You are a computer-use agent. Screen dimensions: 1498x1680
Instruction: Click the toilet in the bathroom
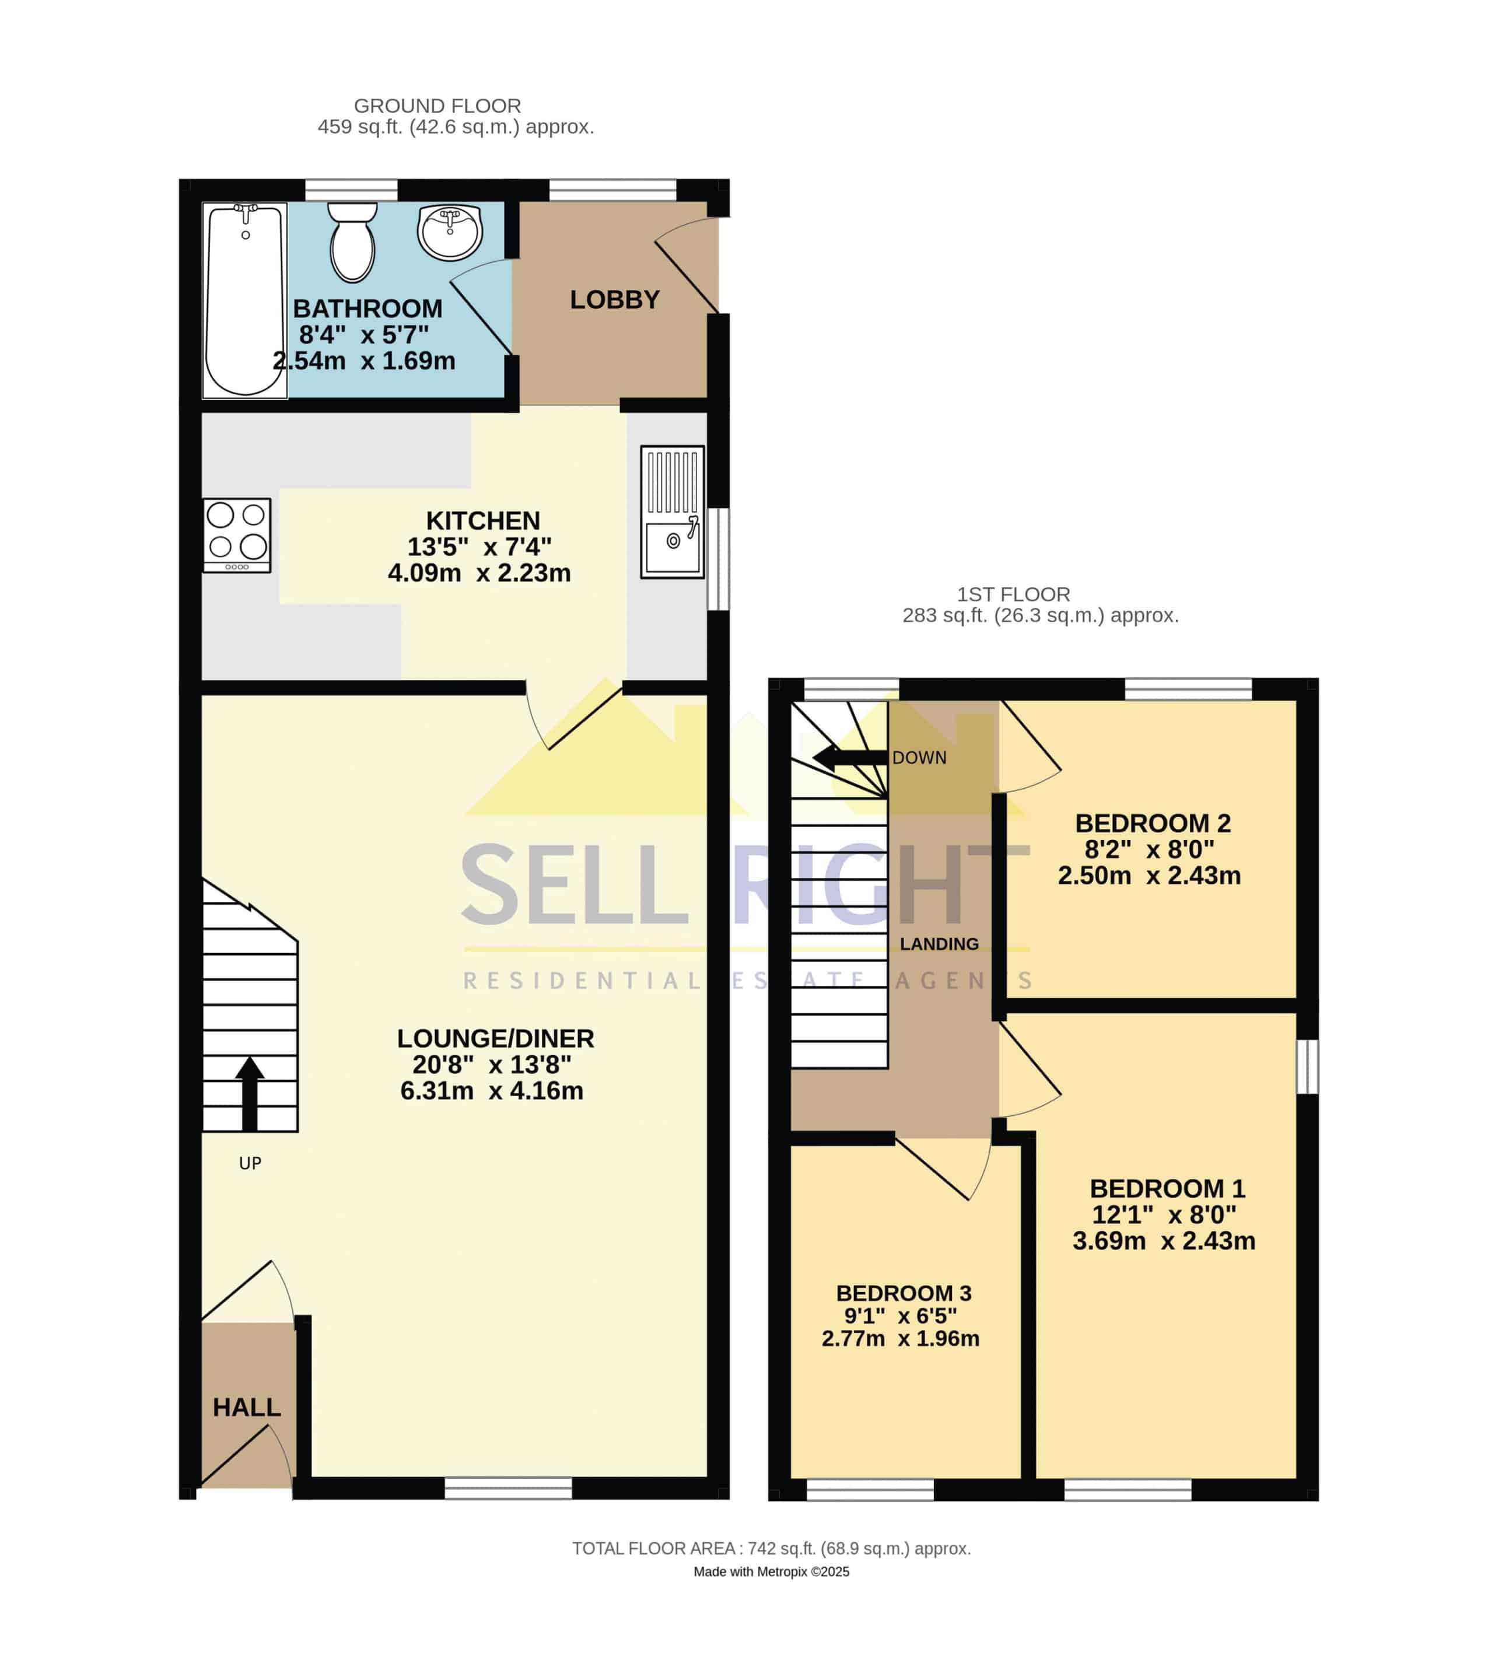click(352, 242)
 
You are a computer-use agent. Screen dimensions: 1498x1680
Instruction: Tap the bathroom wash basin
click(449, 232)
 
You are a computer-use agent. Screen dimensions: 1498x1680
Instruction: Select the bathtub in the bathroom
click(245, 300)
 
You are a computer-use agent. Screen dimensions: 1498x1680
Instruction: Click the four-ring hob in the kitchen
click(237, 535)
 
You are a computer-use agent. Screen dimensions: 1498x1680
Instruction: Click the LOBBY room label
click(615, 300)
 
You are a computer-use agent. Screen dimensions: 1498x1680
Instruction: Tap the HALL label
click(247, 1407)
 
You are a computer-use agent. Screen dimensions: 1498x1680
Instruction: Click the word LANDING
click(939, 944)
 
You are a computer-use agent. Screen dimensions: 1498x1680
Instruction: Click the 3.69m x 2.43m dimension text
click(1164, 1240)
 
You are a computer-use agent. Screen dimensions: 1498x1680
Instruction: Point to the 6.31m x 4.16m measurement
click(491, 1091)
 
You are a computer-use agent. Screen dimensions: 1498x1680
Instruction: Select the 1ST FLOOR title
click(1013, 594)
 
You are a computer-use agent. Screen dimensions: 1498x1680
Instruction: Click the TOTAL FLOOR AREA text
click(771, 1548)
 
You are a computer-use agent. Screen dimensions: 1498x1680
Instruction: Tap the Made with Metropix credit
click(771, 1571)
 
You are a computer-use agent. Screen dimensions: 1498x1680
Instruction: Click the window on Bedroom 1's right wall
click(1307, 1067)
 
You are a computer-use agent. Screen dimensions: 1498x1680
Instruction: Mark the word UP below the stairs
click(250, 1163)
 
